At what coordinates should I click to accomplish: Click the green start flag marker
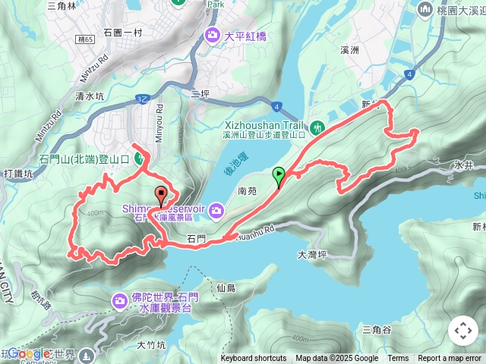pyautogui.click(x=279, y=177)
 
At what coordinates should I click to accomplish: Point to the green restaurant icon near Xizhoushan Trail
pyautogui.click(x=317, y=127)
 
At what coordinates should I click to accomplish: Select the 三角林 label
pyautogui.click(x=62, y=5)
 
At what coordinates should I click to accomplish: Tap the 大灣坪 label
pyautogui.click(x=312, y=255)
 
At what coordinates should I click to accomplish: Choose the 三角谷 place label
pyautogui.click(x=377, y=329)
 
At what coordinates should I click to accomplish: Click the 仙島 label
pyautogui.click(x=226, y=288)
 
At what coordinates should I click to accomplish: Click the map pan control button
pyautogui.click(x=462, y=331)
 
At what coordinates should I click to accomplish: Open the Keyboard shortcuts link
pyautogui.click(x=253, y=359)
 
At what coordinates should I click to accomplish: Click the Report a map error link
pyautogui.click(x=450, y=359)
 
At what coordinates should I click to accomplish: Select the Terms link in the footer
pyautogui.click(x=398, y=359)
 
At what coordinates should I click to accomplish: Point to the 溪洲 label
pyautogui.click(x=349, y=49)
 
